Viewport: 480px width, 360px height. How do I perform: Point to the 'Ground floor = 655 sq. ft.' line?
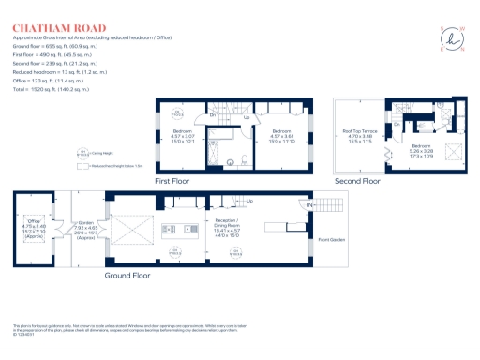pos(52,46)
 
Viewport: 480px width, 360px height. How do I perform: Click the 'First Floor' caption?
pos(173,180)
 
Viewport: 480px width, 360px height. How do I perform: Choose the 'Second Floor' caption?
pos(357,180)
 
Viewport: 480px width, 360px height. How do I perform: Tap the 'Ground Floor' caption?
pos(128,276)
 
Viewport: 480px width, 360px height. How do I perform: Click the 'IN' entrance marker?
pos(310,204)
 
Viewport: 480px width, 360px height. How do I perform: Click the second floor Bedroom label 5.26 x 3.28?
pos(422,151)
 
